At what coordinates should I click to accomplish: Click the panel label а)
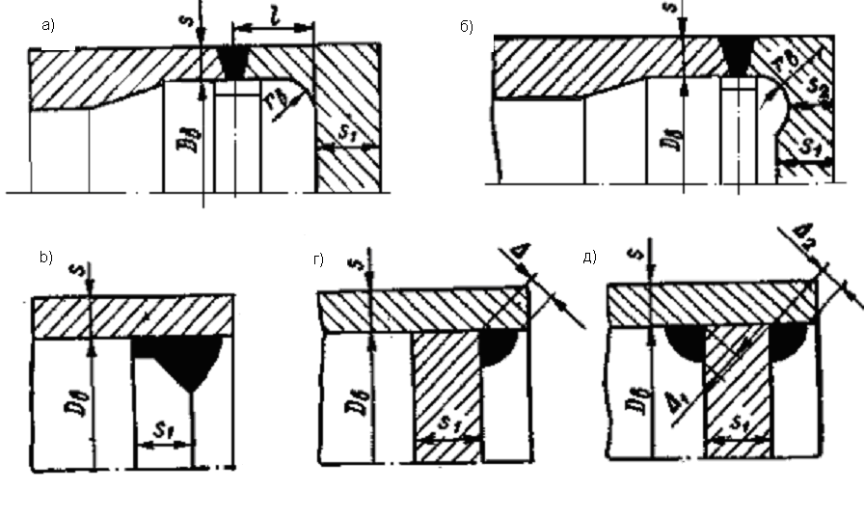coord(46,26)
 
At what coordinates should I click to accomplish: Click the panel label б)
coord(465,26)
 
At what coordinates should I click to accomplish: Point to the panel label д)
coord(591,257)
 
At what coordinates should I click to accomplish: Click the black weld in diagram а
coord(232,63)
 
